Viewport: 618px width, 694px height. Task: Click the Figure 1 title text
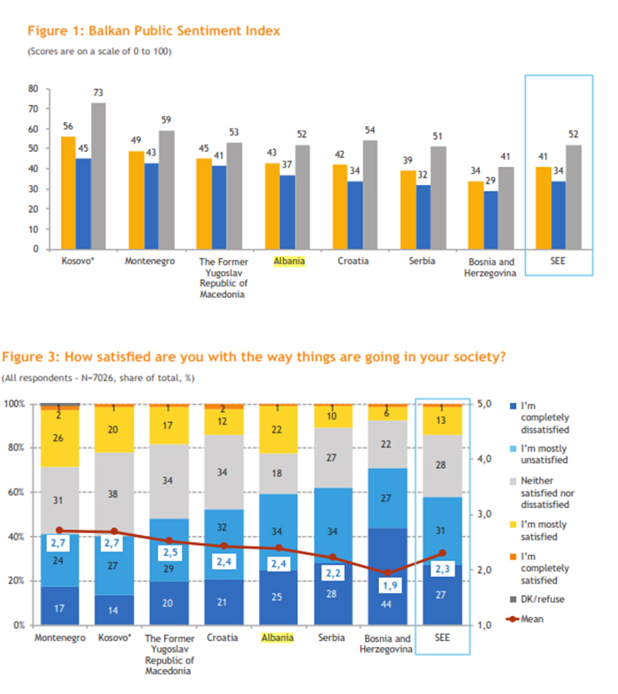point(154,31)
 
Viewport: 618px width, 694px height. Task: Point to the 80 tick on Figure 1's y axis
point(33,89)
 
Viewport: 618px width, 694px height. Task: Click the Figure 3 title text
point(254,356)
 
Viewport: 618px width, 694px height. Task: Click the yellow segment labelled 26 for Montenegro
point(59,438)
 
